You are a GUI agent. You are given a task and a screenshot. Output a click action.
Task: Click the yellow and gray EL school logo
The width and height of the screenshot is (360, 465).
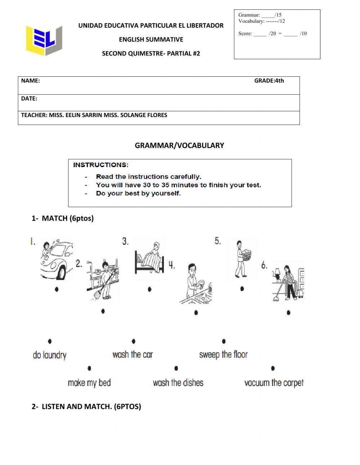[44, 40]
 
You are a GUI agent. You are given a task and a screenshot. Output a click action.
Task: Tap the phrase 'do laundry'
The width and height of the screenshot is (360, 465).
[50, 355]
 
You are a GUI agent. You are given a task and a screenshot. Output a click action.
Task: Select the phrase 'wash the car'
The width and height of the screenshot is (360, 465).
[132, 354]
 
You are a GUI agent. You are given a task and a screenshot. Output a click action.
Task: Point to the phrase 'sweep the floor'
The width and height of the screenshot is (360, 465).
[223, 354]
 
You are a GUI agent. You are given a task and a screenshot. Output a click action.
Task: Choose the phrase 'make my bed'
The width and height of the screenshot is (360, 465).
[89, 383]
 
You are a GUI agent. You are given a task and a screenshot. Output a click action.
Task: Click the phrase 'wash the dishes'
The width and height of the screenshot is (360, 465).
[178, 383]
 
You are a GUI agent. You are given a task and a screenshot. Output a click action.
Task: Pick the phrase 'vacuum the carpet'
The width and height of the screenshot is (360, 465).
[274, 383]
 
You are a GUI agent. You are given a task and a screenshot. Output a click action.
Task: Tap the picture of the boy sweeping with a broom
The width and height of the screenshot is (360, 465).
[103, 279]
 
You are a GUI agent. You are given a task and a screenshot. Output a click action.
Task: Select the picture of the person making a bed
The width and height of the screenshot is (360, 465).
[149, 259]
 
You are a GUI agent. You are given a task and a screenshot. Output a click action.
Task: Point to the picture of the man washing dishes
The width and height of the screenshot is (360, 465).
[195, 284]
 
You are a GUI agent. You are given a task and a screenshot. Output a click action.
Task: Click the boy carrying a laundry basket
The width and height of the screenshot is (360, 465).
[242, 259]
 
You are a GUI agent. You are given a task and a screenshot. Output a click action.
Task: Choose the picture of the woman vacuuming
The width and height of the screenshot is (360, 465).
[288, 282]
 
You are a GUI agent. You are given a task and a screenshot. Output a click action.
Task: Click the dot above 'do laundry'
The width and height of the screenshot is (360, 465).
[50, 341]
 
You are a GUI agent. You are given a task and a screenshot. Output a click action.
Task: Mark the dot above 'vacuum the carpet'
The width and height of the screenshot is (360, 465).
[273, 368]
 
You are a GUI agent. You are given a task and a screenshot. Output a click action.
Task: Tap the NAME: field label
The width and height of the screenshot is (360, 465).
[30, 81]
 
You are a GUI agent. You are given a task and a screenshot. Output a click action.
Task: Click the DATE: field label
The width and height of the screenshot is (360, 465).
[29, 98]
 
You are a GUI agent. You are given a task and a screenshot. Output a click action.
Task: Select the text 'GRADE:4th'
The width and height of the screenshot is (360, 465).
[269, 81]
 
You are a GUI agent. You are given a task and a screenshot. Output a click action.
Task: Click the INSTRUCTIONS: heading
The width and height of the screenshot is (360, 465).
[101, 165]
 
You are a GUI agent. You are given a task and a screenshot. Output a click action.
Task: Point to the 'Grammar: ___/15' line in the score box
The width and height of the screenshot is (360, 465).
[260, 15]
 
